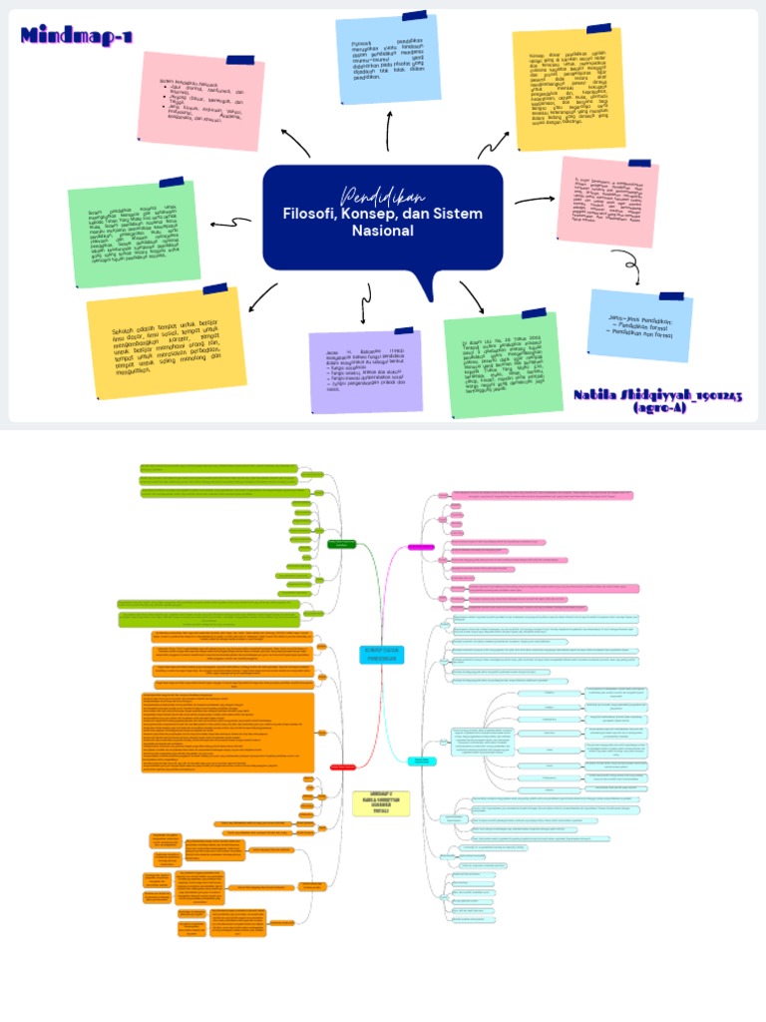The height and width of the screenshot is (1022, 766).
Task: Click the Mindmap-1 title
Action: click(76, 38)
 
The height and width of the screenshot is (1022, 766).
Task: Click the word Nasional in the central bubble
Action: click(383, 232)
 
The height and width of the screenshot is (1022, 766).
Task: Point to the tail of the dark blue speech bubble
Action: click(430, 286)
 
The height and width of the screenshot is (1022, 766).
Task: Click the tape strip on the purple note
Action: click(403, 330)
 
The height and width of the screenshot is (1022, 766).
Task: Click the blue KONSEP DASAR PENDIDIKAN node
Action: click(381, 654)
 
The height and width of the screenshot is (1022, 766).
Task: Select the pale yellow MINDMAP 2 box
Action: click(381, 803)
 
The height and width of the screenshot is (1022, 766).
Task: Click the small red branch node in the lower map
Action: click(342, 766)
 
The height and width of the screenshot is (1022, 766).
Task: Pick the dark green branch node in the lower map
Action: click(342, 544)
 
